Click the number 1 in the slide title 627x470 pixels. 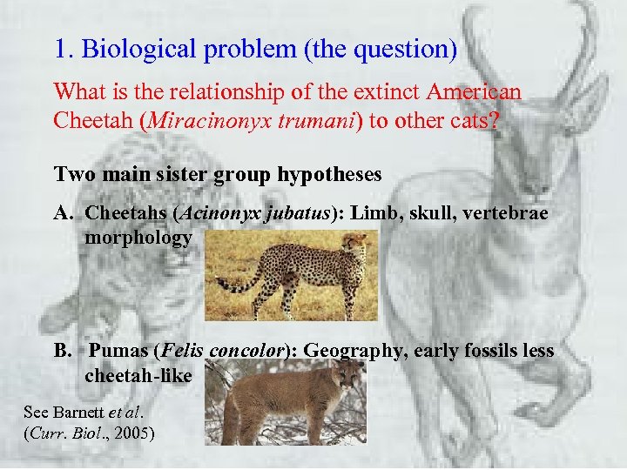(x=60, y=50)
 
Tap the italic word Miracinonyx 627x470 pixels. (x=203, y=120)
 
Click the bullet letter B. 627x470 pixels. (x=62, y=352)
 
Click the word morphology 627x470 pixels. (x=138, y=238)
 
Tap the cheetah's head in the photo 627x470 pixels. (x=356, y=245)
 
